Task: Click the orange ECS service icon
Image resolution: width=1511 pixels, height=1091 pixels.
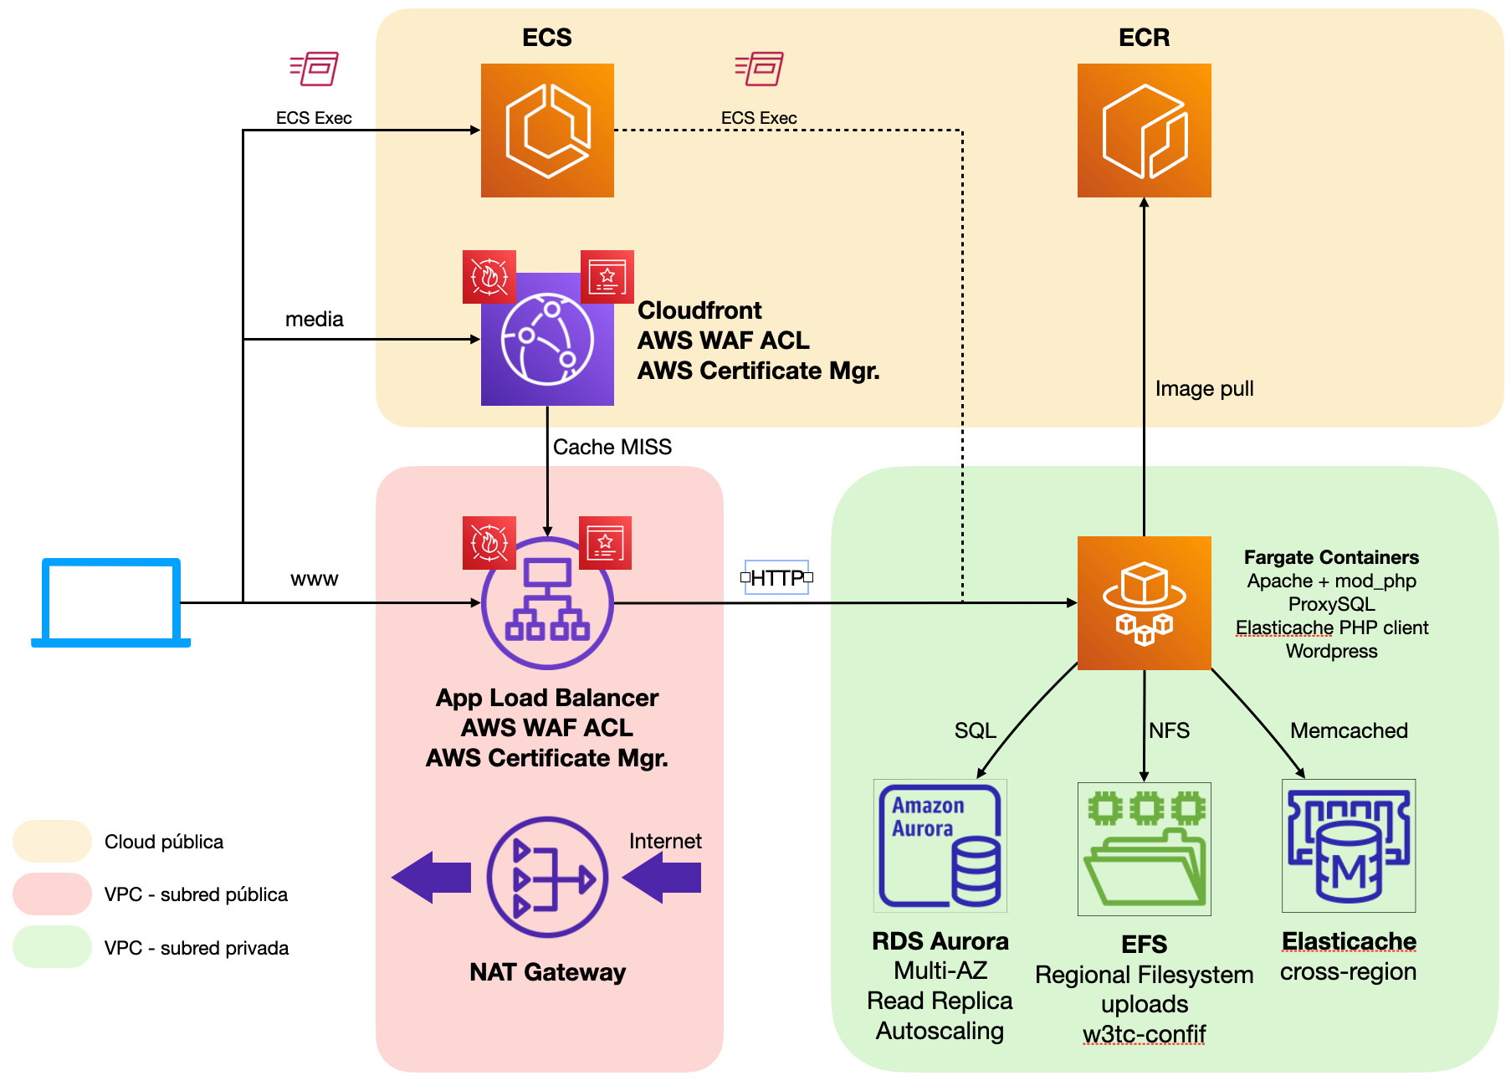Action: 547,131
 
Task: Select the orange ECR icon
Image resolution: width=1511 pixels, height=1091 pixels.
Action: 1144,131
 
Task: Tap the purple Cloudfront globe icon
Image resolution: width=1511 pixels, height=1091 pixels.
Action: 547,340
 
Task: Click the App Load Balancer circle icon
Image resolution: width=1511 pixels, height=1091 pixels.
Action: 547,602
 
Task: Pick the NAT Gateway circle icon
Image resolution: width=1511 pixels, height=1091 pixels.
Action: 547,877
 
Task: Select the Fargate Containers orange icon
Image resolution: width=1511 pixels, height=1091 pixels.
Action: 1144,602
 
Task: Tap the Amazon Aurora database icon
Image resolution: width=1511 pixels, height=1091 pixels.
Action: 940,845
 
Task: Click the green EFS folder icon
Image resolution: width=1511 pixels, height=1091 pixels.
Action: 1144,848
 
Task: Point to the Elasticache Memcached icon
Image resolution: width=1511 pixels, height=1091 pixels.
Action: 1349,845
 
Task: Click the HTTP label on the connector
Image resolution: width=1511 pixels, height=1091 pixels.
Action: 776,577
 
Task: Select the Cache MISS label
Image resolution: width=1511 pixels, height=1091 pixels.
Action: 612,447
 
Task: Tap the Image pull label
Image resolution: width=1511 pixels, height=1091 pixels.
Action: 1204,388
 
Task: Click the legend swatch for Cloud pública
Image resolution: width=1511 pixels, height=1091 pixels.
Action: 52,841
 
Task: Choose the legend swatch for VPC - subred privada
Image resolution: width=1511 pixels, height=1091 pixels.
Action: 52,947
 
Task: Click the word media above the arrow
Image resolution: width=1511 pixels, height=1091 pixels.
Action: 314,319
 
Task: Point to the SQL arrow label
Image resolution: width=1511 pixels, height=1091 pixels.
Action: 975,730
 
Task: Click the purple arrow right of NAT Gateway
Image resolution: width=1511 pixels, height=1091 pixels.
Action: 662,877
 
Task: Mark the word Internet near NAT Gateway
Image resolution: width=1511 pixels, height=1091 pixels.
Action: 665,841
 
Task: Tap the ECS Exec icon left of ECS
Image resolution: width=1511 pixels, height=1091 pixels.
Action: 314,69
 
